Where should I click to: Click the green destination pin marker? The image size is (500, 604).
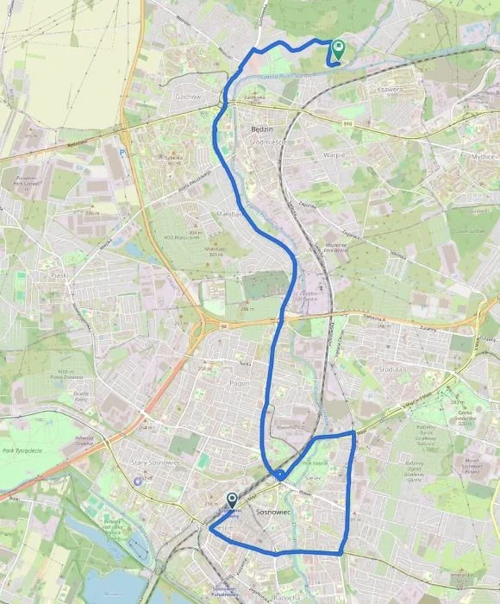click(337, 50)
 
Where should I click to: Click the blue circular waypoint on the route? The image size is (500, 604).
click(280, 475)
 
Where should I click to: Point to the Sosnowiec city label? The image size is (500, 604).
click(278, 513)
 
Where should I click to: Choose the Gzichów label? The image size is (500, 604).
click(187, 97)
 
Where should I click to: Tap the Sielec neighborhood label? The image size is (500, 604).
click(313, 477)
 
